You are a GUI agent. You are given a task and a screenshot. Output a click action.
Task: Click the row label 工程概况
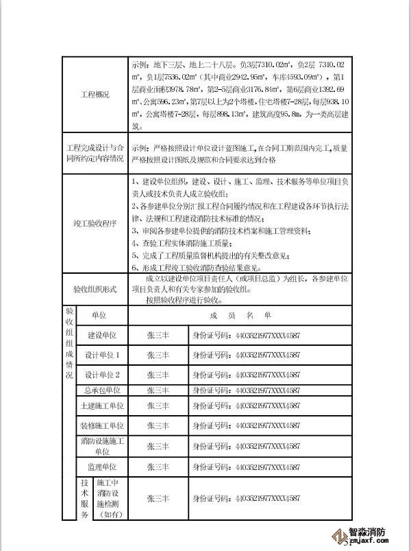95,94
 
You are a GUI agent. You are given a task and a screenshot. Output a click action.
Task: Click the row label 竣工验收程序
95,224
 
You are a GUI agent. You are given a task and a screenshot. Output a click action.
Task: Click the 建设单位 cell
103,336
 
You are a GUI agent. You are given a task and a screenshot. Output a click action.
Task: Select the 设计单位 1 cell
103,355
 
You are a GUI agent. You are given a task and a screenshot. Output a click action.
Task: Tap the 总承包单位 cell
103,390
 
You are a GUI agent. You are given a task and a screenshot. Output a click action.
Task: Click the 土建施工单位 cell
103,407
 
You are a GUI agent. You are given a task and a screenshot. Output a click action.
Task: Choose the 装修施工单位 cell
103,425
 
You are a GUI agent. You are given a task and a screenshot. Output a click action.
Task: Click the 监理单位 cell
103,467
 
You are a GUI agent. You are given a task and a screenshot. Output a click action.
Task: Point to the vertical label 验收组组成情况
68,343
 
